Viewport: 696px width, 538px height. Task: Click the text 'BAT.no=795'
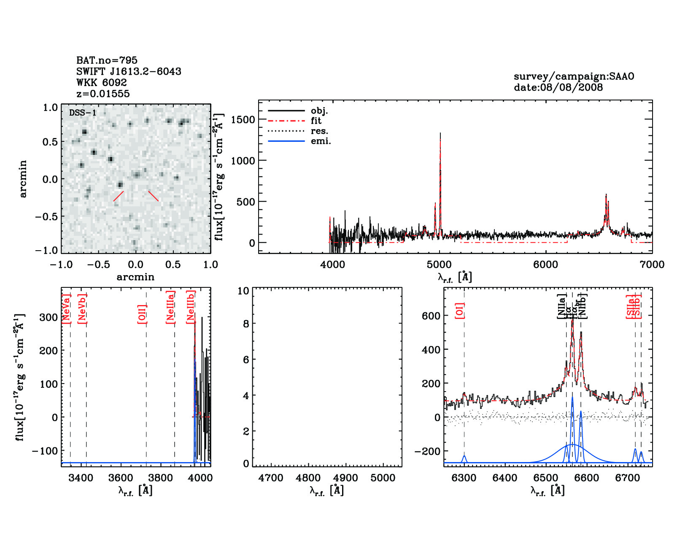coord(107,60)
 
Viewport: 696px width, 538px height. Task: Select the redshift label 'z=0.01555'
coord(103,94)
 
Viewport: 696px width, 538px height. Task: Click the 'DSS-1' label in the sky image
coord(83,113)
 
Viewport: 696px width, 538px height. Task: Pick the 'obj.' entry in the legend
coord(319,111)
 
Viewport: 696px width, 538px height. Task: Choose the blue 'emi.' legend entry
coord(321,141)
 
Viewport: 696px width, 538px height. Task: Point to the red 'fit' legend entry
coord(316,121)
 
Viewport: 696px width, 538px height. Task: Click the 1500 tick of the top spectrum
coord(243,119)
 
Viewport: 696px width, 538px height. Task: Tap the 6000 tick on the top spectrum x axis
coord(545,265)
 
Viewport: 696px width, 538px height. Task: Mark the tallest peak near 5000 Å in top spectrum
coord(440,134)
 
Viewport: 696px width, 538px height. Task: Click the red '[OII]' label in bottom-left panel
coord(142,314)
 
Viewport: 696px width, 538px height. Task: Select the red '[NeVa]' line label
coord(66,308)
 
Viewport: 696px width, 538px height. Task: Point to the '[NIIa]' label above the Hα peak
coord(562,306)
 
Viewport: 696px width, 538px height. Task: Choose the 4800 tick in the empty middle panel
coord(308,478)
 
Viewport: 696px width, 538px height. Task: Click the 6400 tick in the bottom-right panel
coord(505,478)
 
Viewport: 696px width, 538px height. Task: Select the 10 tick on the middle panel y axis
coord(243,291)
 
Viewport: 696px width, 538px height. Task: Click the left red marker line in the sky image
coord(118,196)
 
